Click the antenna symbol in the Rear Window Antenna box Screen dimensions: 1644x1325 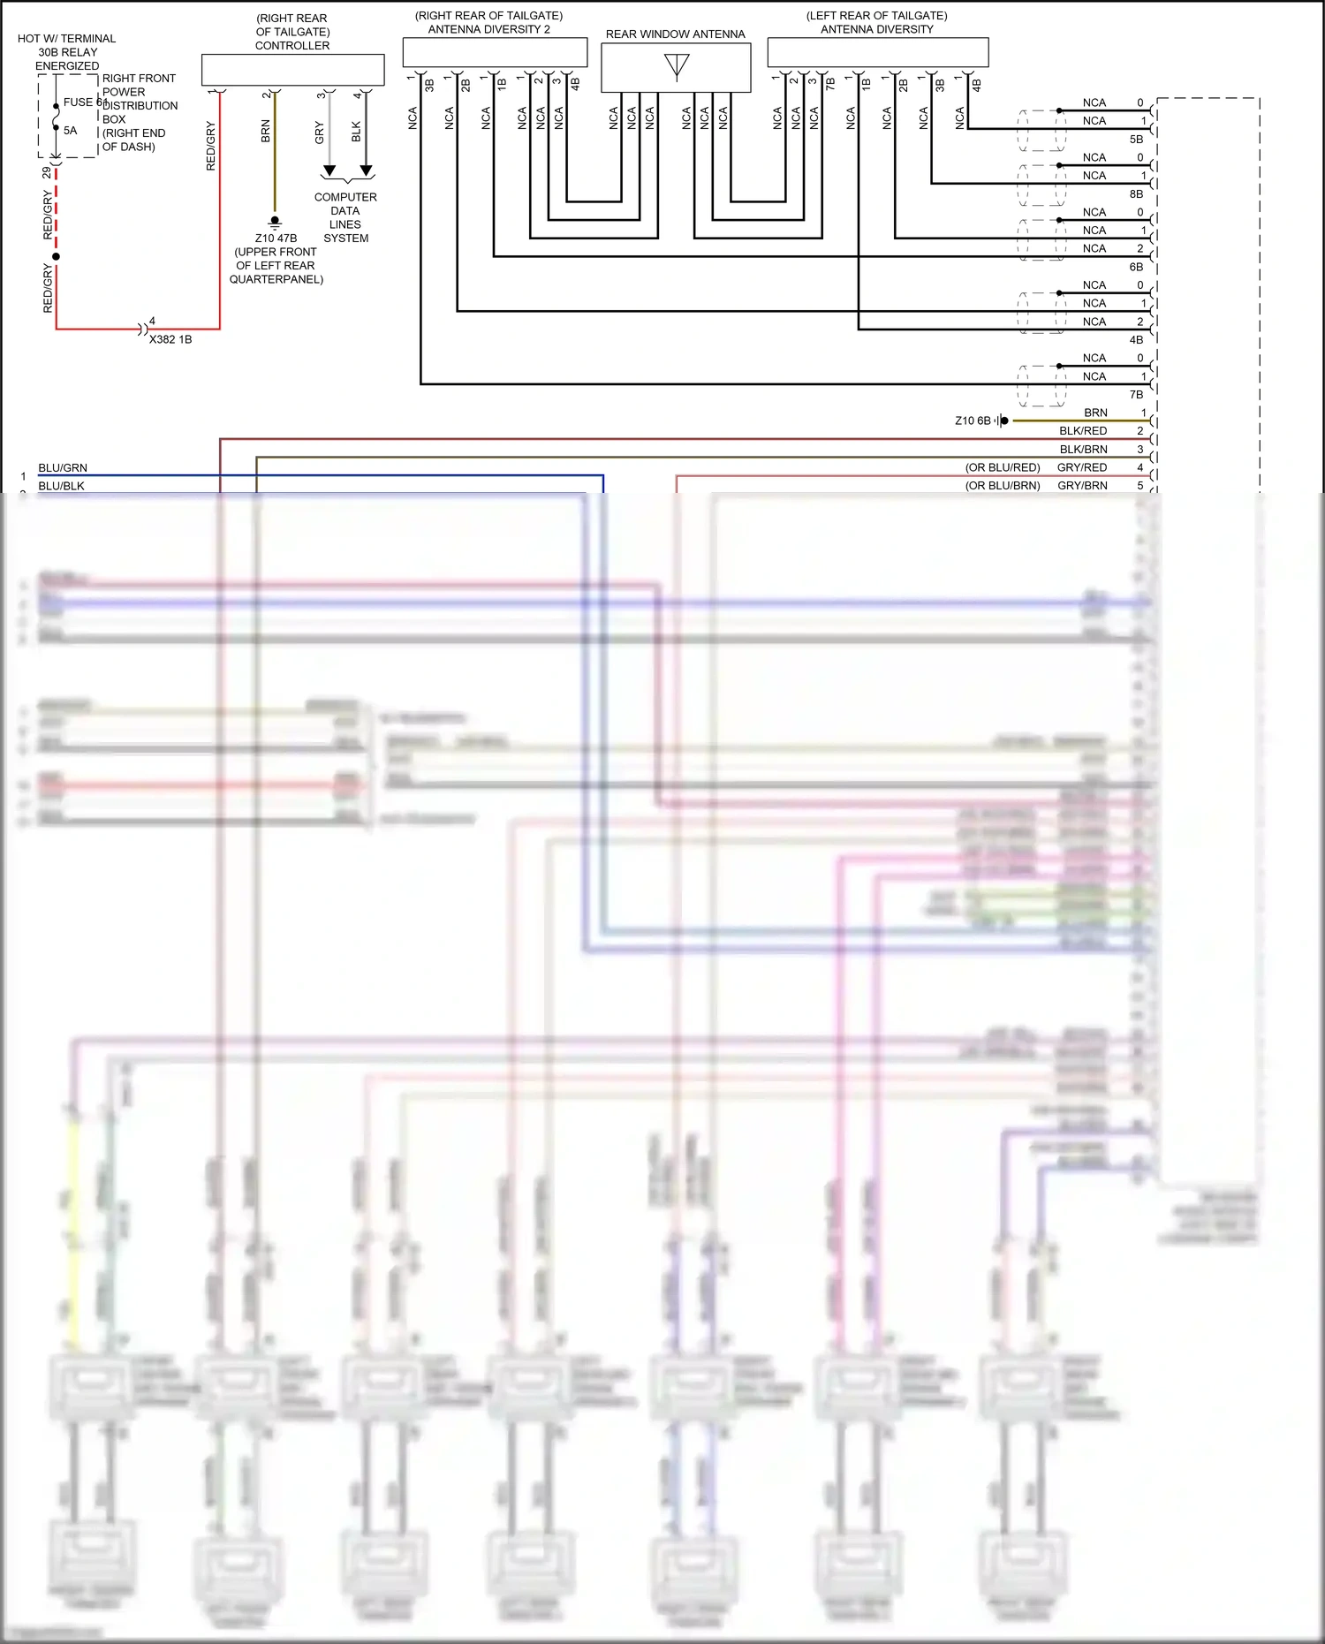(677, 66)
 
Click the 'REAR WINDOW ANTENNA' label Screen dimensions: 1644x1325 (675, 34)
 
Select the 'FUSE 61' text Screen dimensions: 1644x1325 (84, 102)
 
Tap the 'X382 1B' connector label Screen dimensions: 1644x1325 (170, 339)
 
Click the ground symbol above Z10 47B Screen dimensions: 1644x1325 (275, 222)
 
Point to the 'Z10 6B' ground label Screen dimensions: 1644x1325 (973, 420)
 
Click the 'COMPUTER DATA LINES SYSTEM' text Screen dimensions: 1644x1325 (345, 217)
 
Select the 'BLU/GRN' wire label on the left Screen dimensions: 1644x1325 (63, 468)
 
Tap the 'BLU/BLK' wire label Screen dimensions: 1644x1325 (61, 486)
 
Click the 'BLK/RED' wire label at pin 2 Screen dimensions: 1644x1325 (1083, 431)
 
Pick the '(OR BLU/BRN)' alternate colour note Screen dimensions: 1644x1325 (1003, 486)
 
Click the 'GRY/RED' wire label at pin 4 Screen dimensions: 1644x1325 (1082, 467)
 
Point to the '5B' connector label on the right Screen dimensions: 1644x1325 (1136, 140)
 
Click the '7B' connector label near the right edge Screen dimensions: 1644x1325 (1136, 395)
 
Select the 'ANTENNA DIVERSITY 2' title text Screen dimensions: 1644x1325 (488, 29)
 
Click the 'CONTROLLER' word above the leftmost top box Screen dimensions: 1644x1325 (292, 46)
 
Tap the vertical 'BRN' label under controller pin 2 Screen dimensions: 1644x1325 (266, 132)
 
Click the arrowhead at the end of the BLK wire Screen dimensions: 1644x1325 (366, 170)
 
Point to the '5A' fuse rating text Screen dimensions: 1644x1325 (71, 131)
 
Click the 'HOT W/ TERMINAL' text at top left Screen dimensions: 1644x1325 (66, 39)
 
